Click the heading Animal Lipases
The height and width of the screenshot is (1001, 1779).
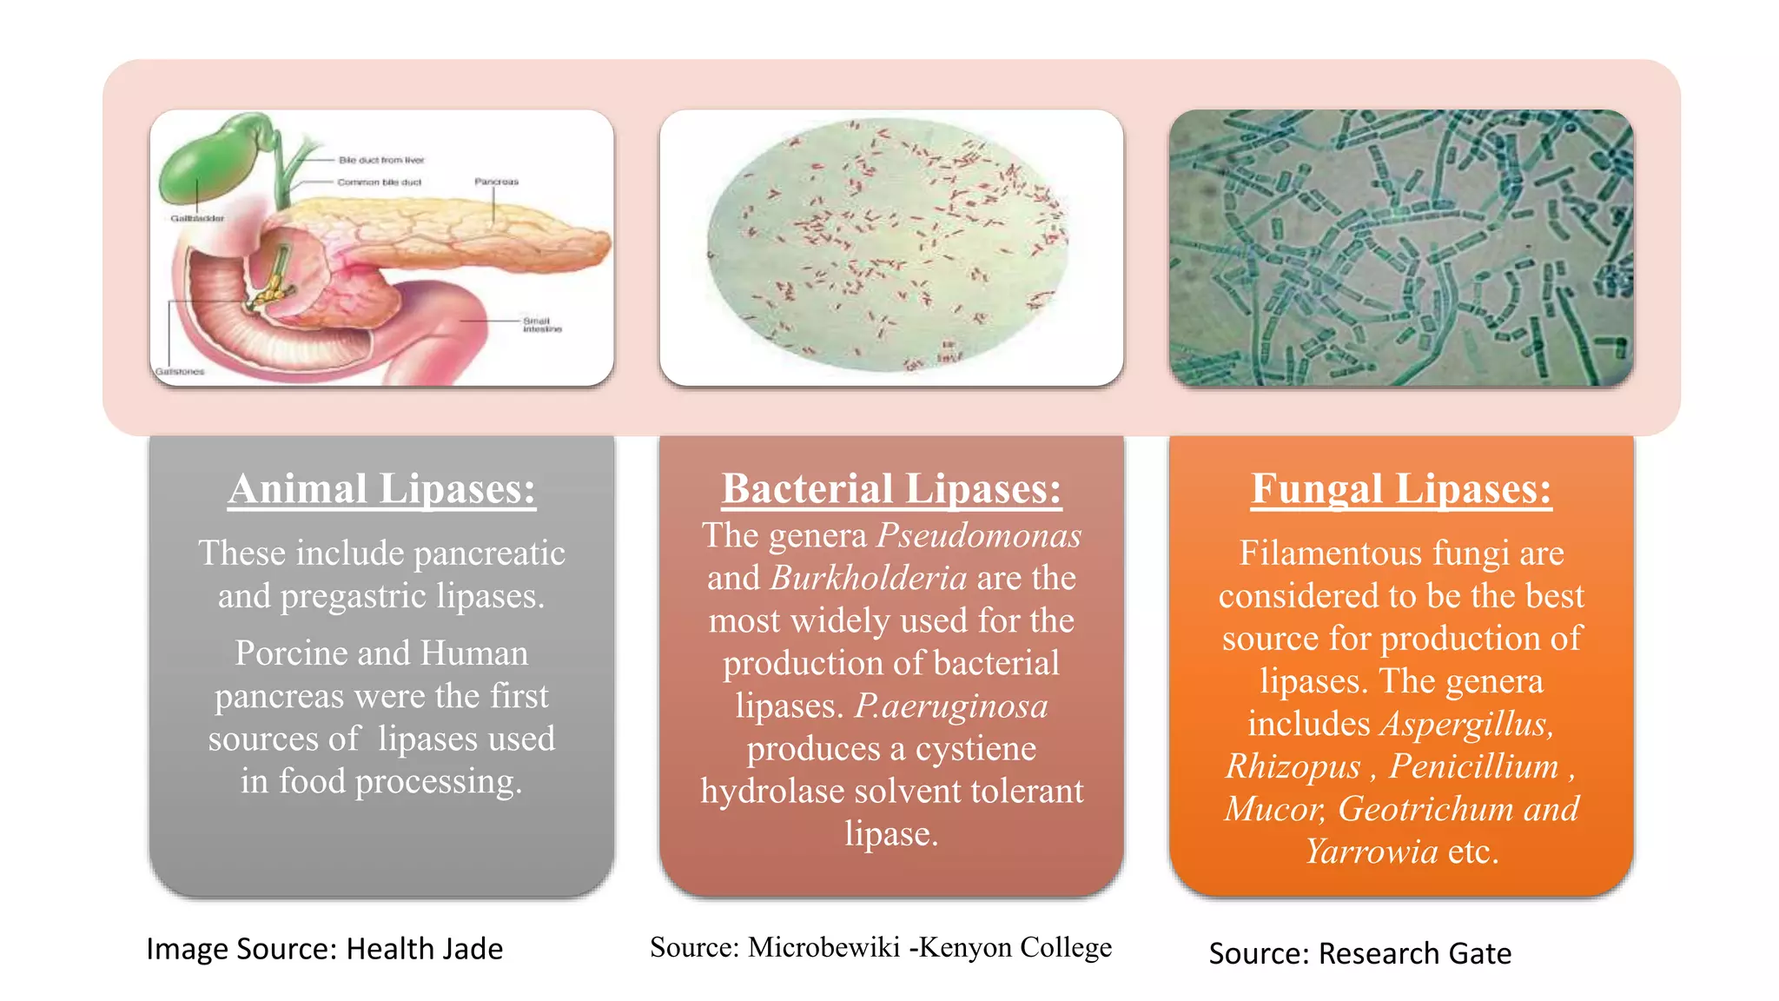381,488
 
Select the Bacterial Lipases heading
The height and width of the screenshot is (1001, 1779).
891,488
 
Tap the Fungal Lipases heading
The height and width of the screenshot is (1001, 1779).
1400,488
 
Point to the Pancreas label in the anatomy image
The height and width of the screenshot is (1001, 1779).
496,182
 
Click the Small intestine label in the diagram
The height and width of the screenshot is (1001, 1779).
542,325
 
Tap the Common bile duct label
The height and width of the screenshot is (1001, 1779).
379,182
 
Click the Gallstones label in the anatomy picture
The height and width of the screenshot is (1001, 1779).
180,371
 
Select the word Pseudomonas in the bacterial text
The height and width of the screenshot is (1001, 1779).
979,535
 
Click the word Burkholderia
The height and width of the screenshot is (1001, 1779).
869,578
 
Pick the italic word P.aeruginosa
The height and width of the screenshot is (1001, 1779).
951,706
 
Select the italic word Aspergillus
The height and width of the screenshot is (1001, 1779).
1466,724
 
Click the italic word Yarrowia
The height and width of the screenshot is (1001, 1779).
1372,852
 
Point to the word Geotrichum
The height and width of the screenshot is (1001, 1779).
1425,809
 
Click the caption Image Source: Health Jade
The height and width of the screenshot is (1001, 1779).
324,949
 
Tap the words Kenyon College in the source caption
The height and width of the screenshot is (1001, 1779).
1015,947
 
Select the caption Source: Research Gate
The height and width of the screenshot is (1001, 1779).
1359,953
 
